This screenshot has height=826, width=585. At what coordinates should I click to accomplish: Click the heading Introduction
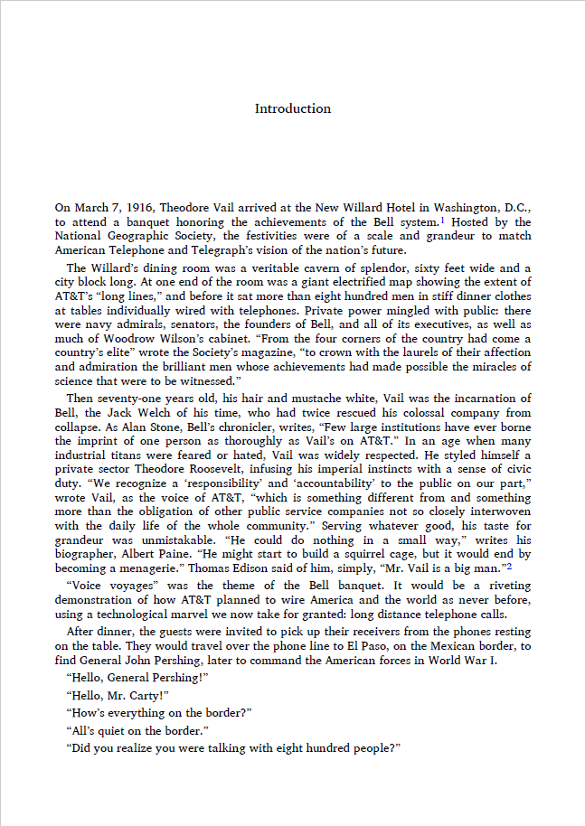click(292, 109)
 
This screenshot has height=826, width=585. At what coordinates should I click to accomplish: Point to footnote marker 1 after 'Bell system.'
click(442, 220)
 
